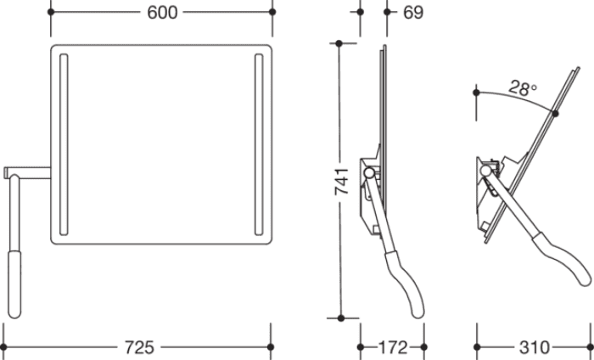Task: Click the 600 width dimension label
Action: (x=162, y=13)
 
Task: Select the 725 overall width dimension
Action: (x=139, y=347)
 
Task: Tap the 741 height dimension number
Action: (x=342, y=182)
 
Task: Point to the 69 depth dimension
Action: (x=413, y=13)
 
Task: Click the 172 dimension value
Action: (x=393, y=347)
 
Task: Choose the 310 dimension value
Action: (x=535, y=347)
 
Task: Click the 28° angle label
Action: (x=523, y=88)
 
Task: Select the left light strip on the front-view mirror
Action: (x=64, y=144)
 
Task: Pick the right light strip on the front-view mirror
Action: (x=259, y=144)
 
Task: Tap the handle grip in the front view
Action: (x=14, y=284)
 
